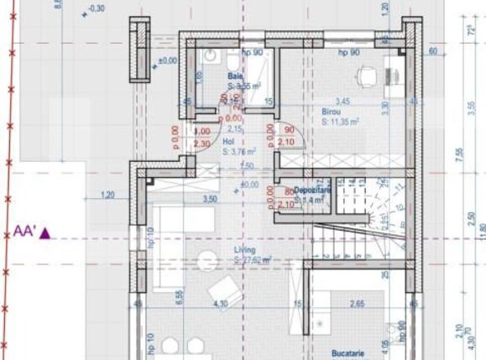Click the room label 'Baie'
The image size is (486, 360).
pos(235,76)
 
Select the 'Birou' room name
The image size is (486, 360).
pos(331,111)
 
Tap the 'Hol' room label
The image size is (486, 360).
pos(228,143)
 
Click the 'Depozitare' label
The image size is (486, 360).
pos(313,190)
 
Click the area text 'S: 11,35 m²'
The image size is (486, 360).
pos(340,122)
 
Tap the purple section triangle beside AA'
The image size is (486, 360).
pos(46,233)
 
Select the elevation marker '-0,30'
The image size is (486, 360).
pos(96,8)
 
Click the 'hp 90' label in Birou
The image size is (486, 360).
pos(348,52)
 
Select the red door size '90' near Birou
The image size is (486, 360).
pos(289,130)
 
